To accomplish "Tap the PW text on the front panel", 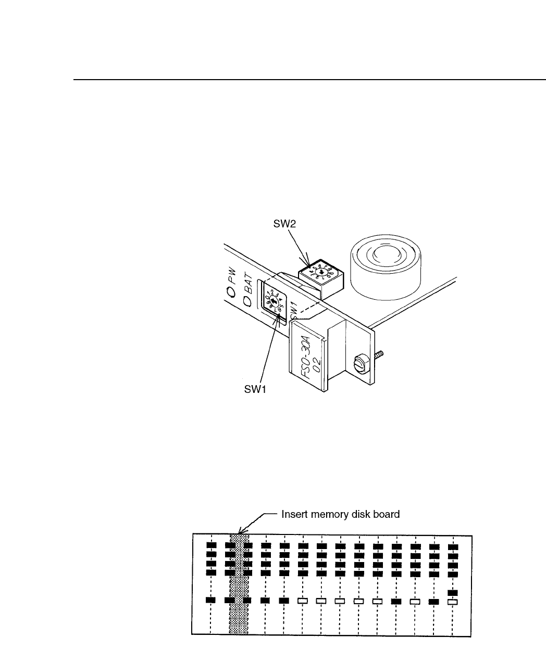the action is [x=232, y=273].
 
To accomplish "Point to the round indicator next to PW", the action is [x=228, y=292].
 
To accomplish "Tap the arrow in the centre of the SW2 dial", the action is [x=321, y=271].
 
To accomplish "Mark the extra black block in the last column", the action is [x=453, y=592].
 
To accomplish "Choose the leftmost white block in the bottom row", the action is [x=303, y=601].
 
